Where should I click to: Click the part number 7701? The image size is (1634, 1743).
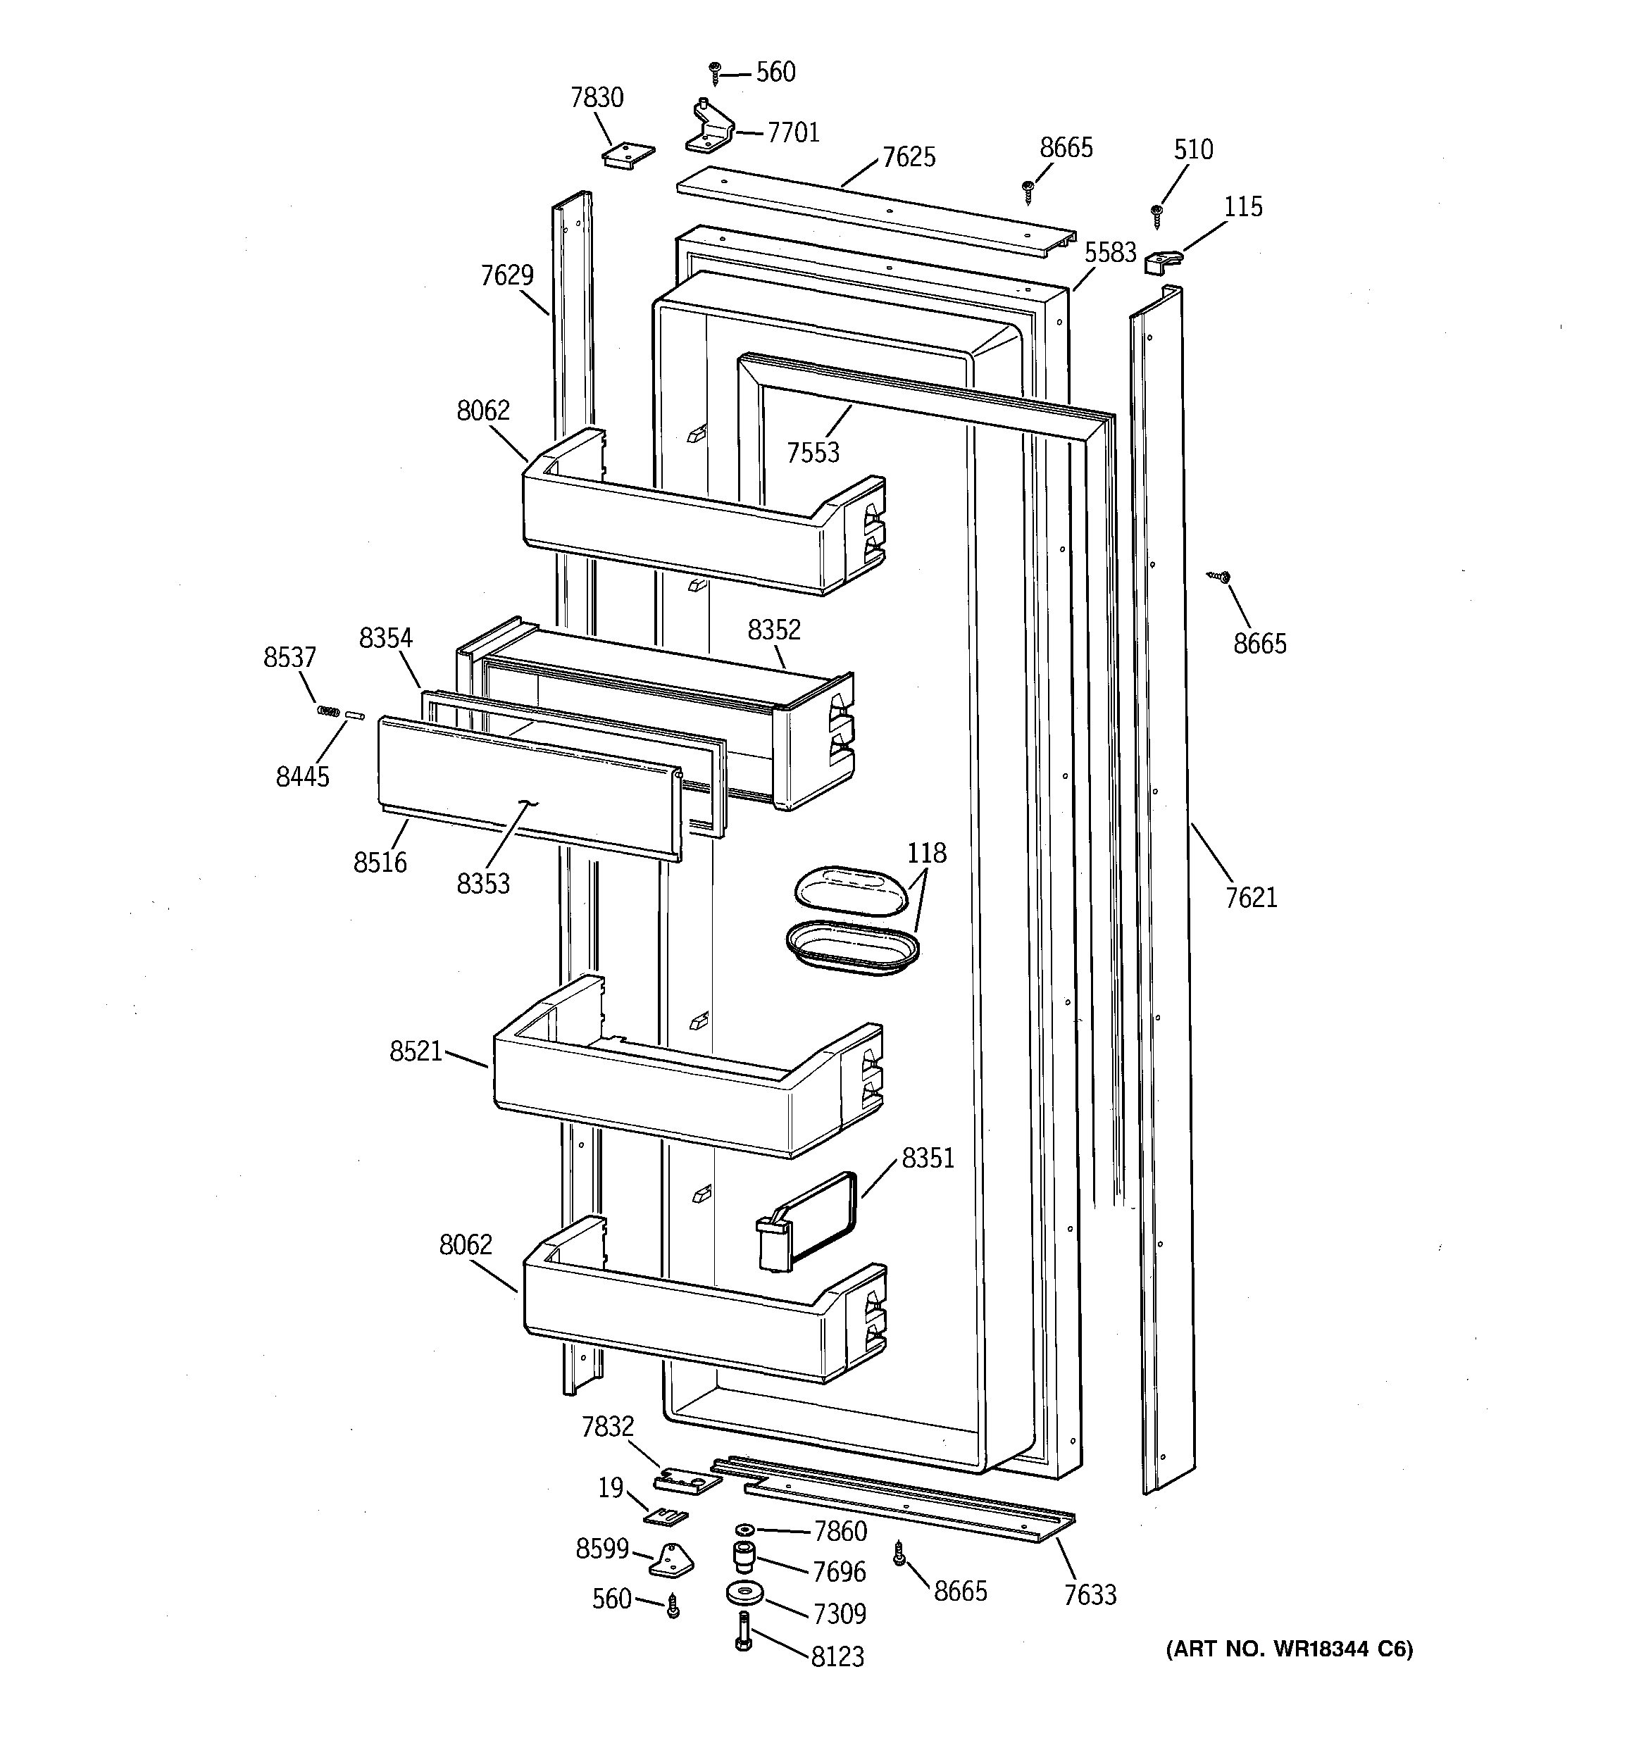793,132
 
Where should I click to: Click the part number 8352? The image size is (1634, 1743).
773,630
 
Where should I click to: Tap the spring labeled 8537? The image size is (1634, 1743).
327,710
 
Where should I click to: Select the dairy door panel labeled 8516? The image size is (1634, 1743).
526,785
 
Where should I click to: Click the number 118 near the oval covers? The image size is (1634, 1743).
926,852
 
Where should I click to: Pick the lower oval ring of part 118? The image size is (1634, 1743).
852,948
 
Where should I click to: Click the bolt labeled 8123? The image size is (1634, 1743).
743,1632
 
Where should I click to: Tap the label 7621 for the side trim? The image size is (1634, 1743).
1251,898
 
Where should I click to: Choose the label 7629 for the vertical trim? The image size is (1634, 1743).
507,275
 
